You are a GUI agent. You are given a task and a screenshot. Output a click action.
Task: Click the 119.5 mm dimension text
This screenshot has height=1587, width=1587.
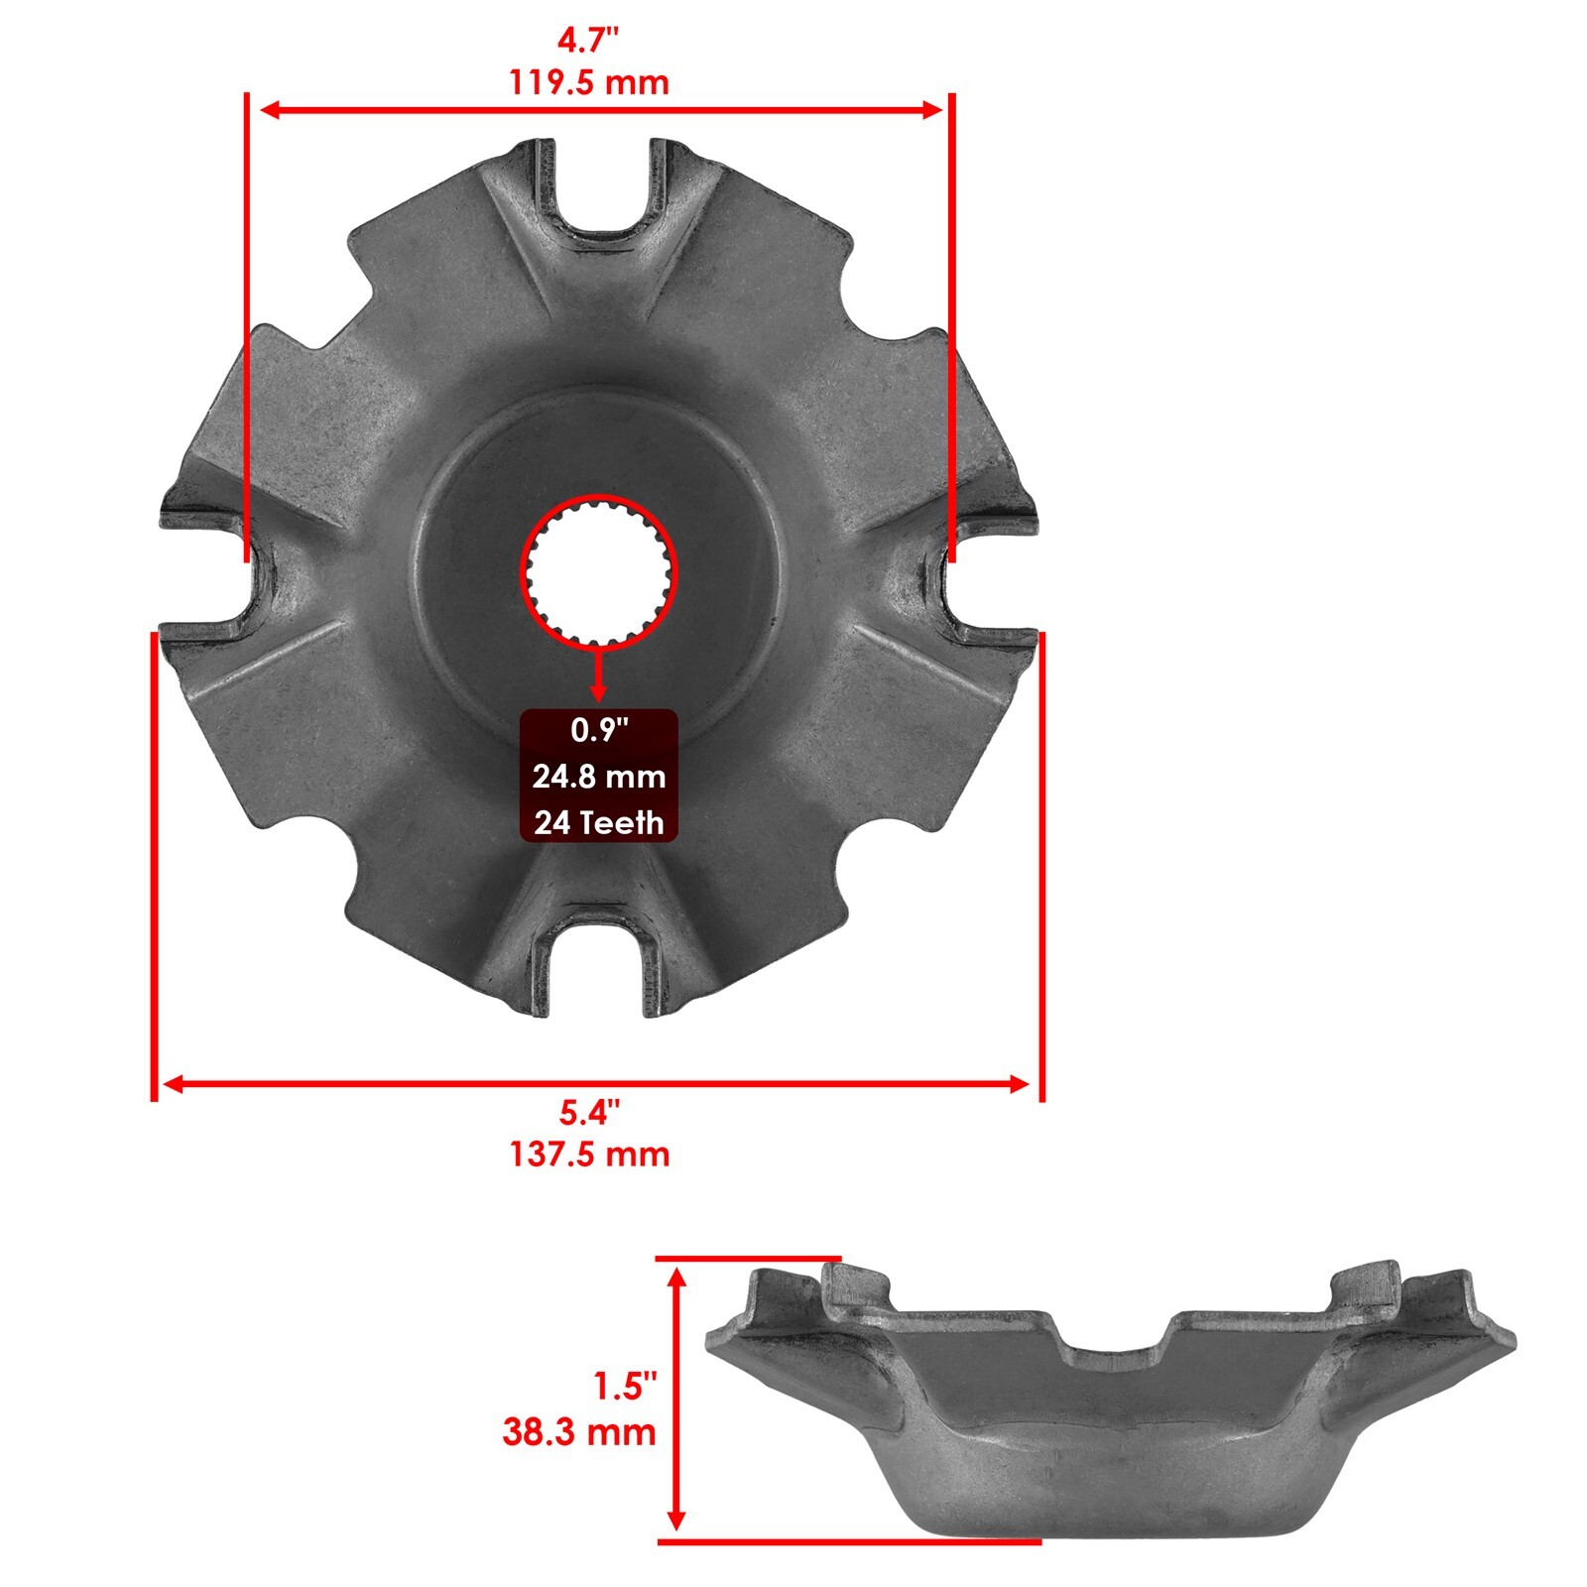pyautogui.click(x=589, y=81)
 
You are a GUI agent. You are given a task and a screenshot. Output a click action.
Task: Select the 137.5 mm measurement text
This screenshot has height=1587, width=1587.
pyautogui.click(x=589, y=1155)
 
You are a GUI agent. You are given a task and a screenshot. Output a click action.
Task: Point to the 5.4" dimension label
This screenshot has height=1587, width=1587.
pyautogui.click(x=589, y=1113)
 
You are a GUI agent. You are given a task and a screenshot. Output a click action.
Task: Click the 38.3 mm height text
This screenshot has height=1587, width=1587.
pyautogui.click(x=579, y=1432)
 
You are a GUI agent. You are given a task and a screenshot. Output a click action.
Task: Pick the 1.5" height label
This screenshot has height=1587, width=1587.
pyautogui.click(x=625, y=1386)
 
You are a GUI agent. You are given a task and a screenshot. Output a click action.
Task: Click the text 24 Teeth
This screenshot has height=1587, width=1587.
pyautogui.click(x=599, y=822)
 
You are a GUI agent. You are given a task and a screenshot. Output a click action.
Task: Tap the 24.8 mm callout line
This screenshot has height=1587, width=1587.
pyautogui.click(x=599, y=777)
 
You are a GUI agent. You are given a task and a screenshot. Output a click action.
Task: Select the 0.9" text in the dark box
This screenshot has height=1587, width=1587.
pyautogui.click(x=600, y=731)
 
